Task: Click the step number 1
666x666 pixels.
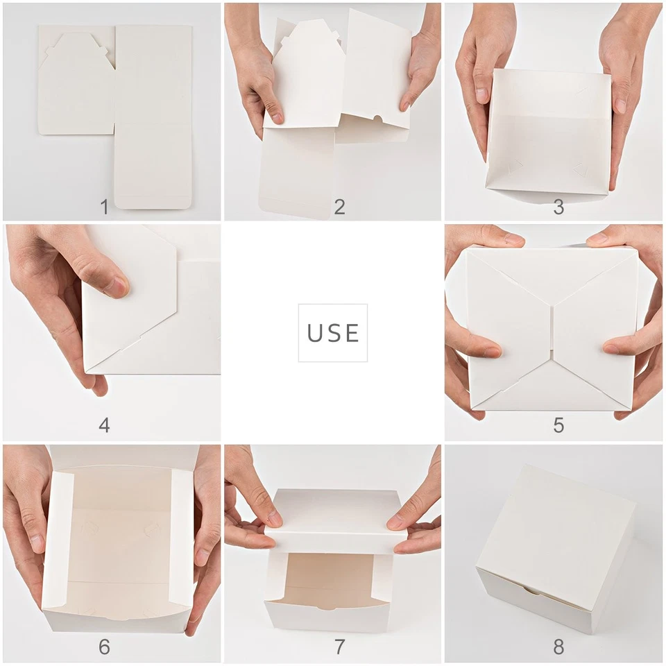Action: click(x=104, y=207)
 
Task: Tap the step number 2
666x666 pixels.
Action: click(x=339, y=207)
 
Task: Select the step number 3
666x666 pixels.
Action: click(x=558, y=207)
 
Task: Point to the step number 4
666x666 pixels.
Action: click(x=104, y=425)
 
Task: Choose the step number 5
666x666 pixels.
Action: click(x=558, y=425)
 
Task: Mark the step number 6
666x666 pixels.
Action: click(x=104, y=647)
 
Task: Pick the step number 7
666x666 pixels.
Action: click(x=339, y=647)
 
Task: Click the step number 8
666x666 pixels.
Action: click(x=558, y=647)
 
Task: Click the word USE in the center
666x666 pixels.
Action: click(x=333, y=333)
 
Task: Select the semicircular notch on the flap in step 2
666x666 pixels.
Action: click(x=378, y=119)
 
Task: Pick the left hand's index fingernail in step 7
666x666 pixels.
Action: click(x=275, y=519)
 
